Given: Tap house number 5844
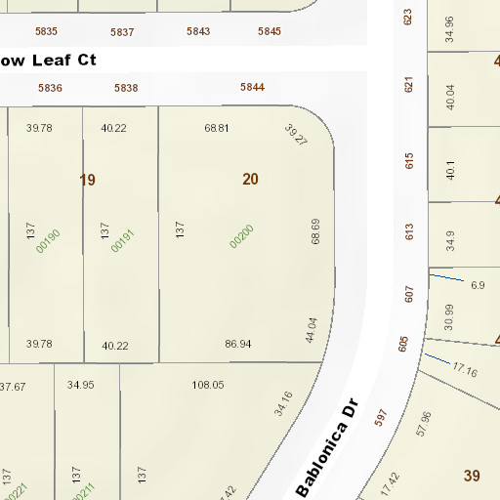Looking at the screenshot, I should click(x=253, y=88).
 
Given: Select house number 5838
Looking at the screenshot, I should click(x=126, y=88).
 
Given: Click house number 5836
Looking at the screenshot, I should click(x=51, y=88).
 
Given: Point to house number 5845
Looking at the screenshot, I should click(x=270, y=31).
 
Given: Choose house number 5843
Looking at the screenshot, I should click(x=198, y=31).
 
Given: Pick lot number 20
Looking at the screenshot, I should click(x=251, y=179).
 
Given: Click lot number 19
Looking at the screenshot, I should click(x=88, y=180).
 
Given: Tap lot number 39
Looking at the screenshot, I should click(x=472, y=476).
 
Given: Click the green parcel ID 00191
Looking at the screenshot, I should click(x=121, y=241).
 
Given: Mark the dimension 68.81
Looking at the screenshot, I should click(x=216, y=128).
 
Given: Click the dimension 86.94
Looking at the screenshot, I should click(x=237, y=344).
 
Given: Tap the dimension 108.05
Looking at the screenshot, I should click(x=208, y=385).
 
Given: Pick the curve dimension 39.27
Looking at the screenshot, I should click(x=296, y=136).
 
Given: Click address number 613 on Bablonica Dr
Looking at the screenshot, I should click(x=409, y=231).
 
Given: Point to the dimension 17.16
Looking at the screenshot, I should click(x=465, y=371).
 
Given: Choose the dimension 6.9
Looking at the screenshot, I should click(x=478, y=285).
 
